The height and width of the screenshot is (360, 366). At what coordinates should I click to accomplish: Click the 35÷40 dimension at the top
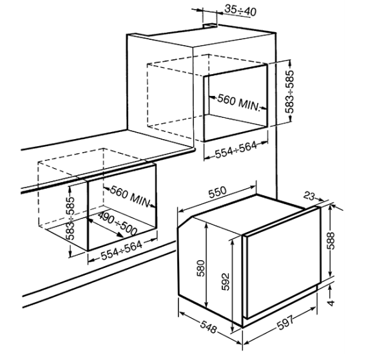point(240,11)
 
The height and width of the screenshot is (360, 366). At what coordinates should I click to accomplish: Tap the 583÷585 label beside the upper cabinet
point(289,91)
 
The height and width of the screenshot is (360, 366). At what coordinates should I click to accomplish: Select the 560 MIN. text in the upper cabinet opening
point(238,102)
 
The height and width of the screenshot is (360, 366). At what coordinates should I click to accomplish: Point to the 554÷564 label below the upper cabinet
point(236,150)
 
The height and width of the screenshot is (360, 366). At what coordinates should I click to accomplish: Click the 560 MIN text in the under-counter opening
point(130,196)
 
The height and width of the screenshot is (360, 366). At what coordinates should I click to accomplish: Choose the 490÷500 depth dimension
point(117,223)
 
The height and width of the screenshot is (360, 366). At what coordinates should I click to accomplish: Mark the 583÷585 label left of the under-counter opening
point(70,218)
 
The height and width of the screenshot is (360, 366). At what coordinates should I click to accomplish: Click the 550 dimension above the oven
point(217,192)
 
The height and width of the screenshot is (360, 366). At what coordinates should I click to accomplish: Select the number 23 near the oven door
point(309,196)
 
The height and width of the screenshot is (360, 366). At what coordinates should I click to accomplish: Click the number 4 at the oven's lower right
point(331,303)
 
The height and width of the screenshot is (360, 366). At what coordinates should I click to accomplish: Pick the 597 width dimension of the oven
point(285,322)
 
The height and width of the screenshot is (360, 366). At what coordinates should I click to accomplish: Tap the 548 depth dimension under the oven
point(208,326)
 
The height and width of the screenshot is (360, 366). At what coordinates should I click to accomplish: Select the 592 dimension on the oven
point(226,281)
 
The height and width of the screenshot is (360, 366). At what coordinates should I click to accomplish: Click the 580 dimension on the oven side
point(201,268)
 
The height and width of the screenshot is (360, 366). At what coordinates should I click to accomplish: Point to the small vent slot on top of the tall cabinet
point(210,25)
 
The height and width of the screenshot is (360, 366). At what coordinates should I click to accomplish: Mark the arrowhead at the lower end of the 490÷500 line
point(120,234)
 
